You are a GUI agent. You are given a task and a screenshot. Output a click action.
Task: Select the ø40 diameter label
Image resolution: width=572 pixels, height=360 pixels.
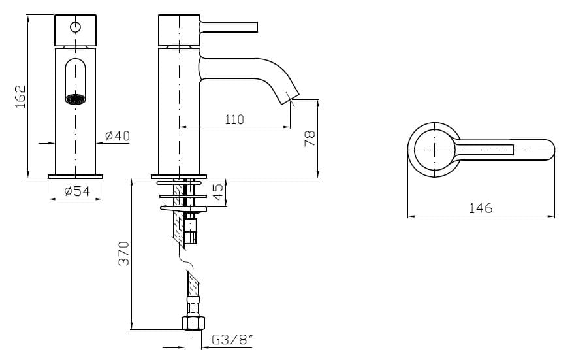[x=118, y=136]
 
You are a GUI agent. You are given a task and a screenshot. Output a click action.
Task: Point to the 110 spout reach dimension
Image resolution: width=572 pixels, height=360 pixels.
[x=234, y=120]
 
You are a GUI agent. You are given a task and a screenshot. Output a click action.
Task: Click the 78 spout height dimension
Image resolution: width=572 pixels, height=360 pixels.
[x=310, y=137]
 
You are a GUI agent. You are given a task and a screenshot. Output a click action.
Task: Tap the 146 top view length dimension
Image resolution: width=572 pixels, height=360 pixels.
[x=481, y=208]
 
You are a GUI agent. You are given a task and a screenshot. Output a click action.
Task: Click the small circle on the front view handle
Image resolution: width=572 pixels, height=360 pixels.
[x=75, y=27]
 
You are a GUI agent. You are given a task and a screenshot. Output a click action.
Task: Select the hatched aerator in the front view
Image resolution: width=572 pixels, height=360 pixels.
[x=76, y=99]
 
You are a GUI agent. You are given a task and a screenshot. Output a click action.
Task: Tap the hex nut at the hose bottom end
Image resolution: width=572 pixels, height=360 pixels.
[x=193, y=323]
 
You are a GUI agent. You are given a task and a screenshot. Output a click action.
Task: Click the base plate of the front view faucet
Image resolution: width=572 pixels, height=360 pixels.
[x=76, y=176]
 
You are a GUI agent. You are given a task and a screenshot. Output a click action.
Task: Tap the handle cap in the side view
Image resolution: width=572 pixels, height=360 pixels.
[x=178, y=30]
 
